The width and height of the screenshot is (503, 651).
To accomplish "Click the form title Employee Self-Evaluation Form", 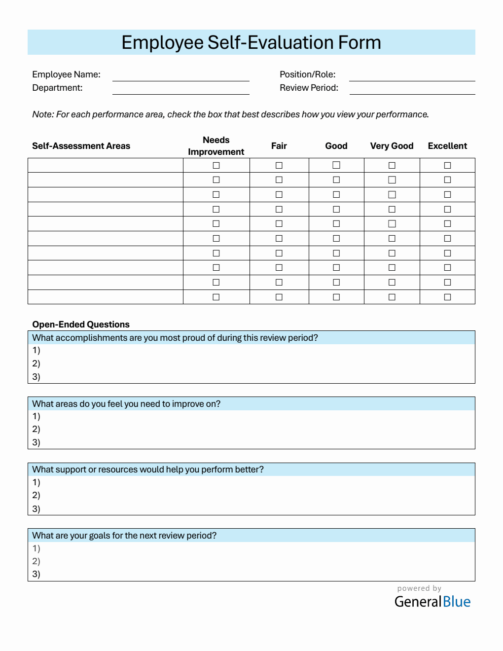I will (251, 42).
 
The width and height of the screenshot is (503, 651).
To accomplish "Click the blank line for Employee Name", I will (180, 77).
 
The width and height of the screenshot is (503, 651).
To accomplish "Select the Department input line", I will (180, 90).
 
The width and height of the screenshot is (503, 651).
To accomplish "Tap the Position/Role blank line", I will (412, 77).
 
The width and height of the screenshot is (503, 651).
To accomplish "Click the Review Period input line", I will (412, 90).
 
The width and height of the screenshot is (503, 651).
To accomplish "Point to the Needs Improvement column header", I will (216, 146).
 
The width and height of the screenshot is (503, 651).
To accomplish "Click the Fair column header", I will (279, 146).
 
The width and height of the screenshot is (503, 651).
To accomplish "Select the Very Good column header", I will (392, 146).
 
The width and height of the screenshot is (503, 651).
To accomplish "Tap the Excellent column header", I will (447, 146).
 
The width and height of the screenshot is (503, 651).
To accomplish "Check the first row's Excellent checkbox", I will (447, 165).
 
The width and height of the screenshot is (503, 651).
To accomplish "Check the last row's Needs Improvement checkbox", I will (216, 297).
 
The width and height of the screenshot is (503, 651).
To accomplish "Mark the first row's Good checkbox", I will (336, 165).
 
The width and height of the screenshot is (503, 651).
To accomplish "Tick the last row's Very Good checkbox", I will (392, 297).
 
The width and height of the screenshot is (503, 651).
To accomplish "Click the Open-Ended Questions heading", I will (81, 325).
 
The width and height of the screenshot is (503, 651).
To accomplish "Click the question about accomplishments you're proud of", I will (175, 338).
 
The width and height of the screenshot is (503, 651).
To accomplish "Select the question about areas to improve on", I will (126, 404).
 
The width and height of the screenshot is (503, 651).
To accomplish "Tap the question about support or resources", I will (148, 470).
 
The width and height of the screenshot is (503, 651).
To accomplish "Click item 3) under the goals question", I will (36, 574).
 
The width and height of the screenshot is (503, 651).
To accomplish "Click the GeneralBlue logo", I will (432, 601).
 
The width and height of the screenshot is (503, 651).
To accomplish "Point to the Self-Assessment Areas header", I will (81, 146).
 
